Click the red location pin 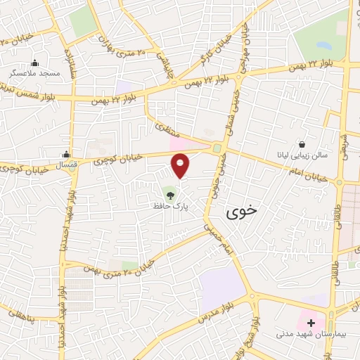(x=181, y=166)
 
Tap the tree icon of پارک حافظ (x=169, y=192)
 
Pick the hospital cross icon (x=311, y=322)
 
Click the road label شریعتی (x=344, y=141)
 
